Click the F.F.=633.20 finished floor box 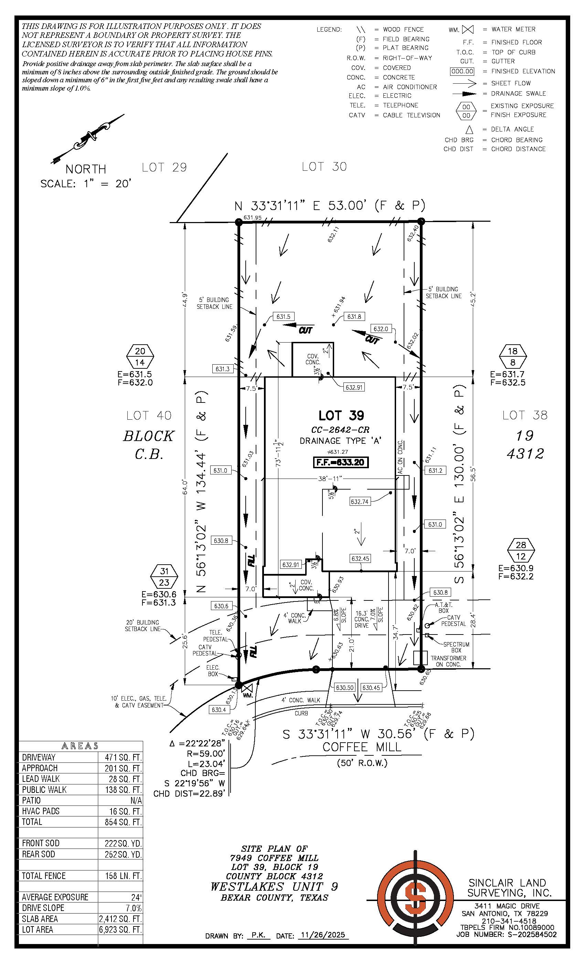click(341, 462)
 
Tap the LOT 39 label click(341, 415)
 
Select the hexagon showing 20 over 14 click(140, 356)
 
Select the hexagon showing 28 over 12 click(521, 550)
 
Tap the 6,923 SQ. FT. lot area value click(120, 929)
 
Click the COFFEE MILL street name click(362, 747)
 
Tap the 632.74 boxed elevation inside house click(359, 502)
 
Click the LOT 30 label click(324, 167)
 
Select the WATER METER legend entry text click(513, 29)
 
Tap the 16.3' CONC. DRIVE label click(362, 619)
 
